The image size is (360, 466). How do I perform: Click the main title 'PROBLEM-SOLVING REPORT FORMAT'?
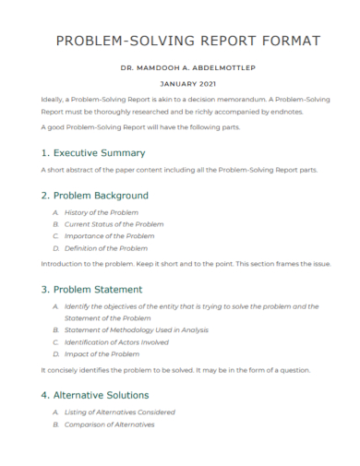click(188, 42)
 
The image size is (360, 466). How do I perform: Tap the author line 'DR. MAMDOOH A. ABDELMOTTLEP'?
click(188, 68)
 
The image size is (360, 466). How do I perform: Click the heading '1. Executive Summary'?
click(93, 152)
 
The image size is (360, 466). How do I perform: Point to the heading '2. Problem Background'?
click(95, 196)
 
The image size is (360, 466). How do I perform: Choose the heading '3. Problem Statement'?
click(92, 289)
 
